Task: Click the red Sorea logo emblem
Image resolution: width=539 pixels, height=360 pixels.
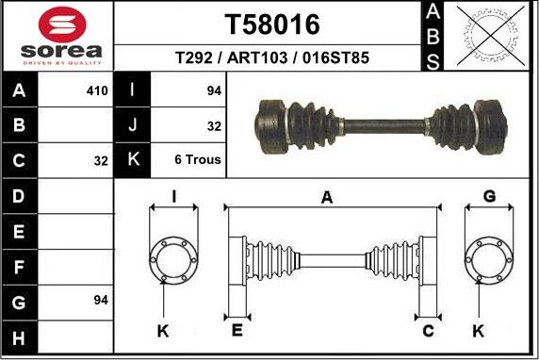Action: point(62,25)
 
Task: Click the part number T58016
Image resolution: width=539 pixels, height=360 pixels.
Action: point(272,25)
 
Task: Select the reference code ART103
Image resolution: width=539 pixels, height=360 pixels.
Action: point(257,57)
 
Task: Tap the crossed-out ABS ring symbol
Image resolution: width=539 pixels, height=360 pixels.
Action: point(491,36)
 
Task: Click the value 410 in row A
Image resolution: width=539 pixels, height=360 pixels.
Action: point(97,91)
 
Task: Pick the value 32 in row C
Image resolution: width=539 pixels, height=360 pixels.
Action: point(101,161)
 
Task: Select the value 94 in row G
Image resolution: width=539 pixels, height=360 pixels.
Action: point(101,301)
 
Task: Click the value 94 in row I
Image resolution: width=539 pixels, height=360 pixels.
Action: point(214,90)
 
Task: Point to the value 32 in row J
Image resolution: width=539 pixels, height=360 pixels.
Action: point(214,126)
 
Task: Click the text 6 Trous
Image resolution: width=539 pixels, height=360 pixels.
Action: point(198,159)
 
